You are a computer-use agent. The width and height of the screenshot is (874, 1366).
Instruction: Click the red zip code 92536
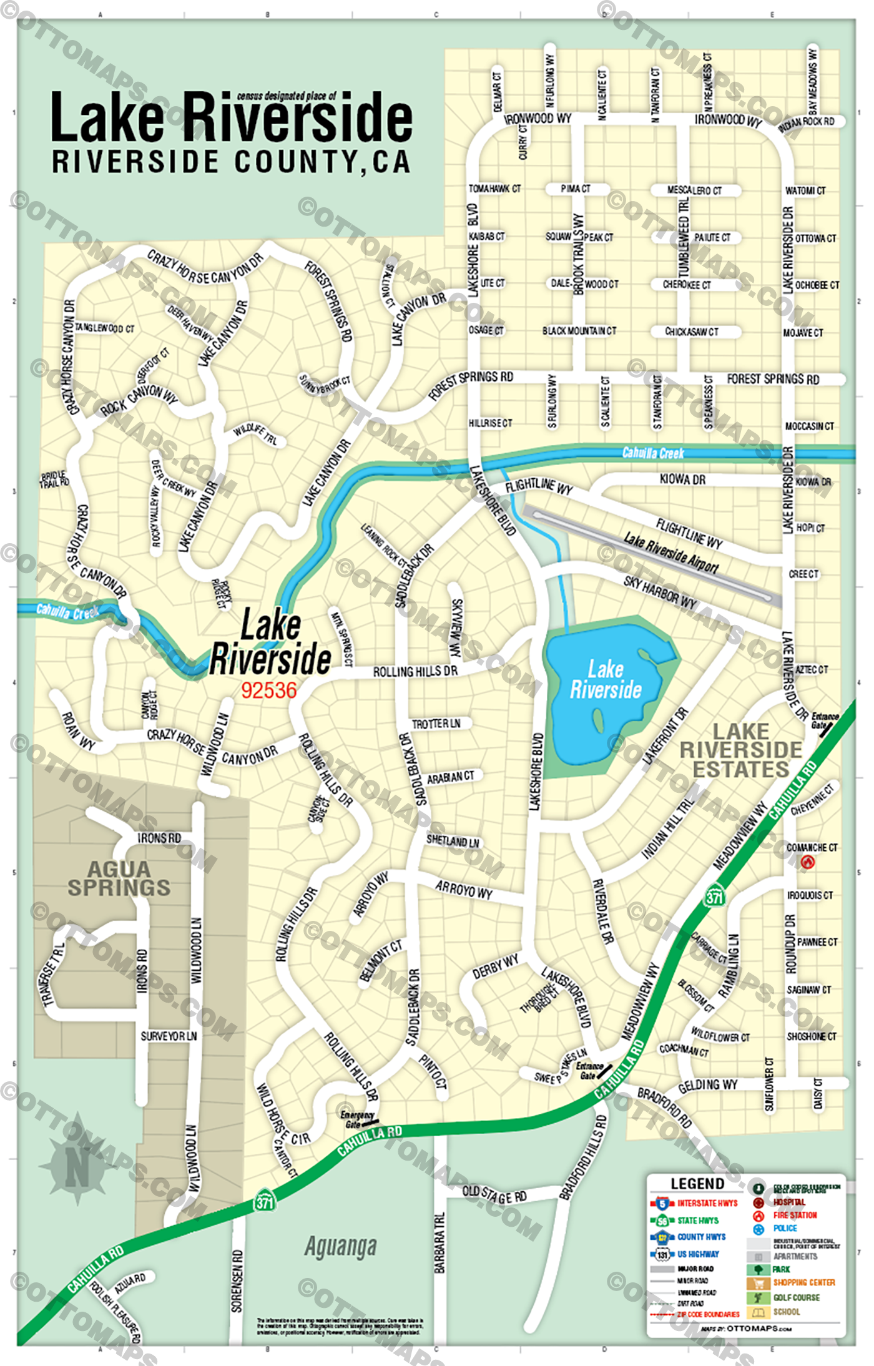pos(269,690)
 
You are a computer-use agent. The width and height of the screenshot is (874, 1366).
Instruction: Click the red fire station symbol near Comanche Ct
pos(807,862)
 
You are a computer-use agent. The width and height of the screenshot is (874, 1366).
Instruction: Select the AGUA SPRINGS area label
pos(119,878)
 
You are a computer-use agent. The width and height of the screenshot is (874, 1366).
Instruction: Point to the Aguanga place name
pos(341,1246)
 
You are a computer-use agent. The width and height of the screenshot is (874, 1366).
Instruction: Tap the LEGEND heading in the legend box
pos(697,1184)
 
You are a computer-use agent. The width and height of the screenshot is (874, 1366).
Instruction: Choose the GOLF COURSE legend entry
pos(796,1297)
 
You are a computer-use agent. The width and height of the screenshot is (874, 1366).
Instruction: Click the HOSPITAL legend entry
pos(789,1202)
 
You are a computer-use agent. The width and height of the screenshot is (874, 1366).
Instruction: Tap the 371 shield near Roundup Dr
pos(714,897)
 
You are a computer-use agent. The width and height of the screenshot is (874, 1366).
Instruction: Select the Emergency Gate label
pos(357,1119)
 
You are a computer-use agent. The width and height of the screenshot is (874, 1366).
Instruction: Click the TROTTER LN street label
pos(436,724)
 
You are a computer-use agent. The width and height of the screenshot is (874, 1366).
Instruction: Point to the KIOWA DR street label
pos(682,479)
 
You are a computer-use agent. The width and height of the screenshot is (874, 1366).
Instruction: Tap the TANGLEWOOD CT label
pos(104,328)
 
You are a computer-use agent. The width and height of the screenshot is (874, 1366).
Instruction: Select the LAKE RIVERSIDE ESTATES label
pos(741,750)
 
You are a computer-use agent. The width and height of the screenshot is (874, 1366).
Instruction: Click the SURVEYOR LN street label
pos(169,1036)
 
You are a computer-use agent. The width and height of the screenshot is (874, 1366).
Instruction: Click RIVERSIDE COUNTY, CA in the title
pos(231,162)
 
